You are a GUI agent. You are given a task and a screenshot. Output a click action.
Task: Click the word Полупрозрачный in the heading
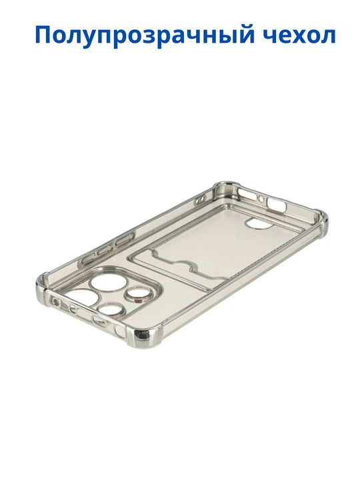point(145,36)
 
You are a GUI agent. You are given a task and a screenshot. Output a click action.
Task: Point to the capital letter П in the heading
point(45,34)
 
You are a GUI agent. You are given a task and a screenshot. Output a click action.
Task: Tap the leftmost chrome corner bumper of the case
point(43,281)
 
